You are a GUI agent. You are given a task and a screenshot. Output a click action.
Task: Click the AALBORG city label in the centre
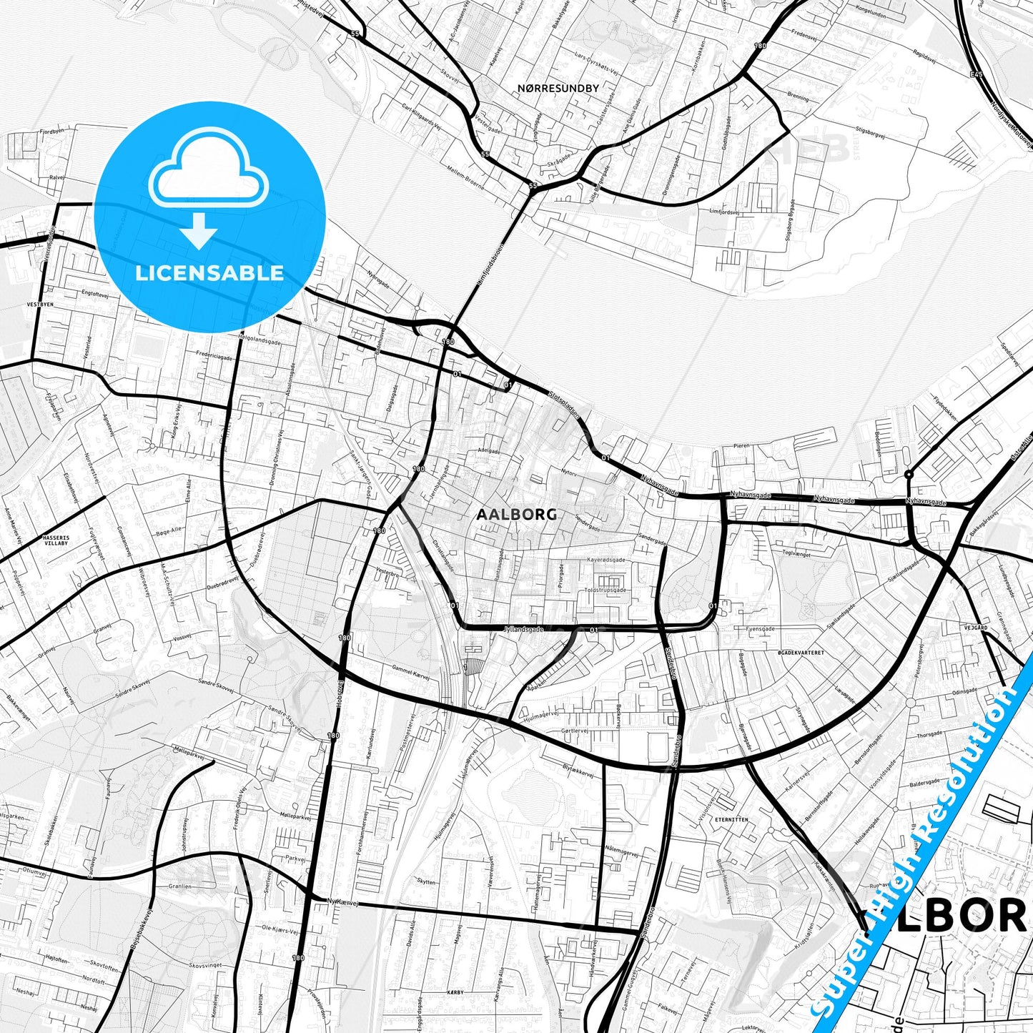pos(516,514)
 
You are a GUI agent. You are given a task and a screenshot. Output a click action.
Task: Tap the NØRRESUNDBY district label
pos(558,88)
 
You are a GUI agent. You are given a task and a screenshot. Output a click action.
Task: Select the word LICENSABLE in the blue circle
pos(209,272)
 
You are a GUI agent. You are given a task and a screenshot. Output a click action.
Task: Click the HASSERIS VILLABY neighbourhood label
pos(55,539)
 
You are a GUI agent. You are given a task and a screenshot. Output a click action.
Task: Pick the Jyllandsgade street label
pos(524,629)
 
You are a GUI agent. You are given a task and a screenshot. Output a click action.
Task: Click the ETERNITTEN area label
pos(731,820)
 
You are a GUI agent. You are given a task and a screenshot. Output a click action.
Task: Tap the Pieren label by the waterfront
pos(741,445)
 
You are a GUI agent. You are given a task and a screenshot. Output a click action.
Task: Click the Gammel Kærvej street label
pos(410,670)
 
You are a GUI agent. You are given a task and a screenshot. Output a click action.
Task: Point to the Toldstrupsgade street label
pos(605,590)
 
